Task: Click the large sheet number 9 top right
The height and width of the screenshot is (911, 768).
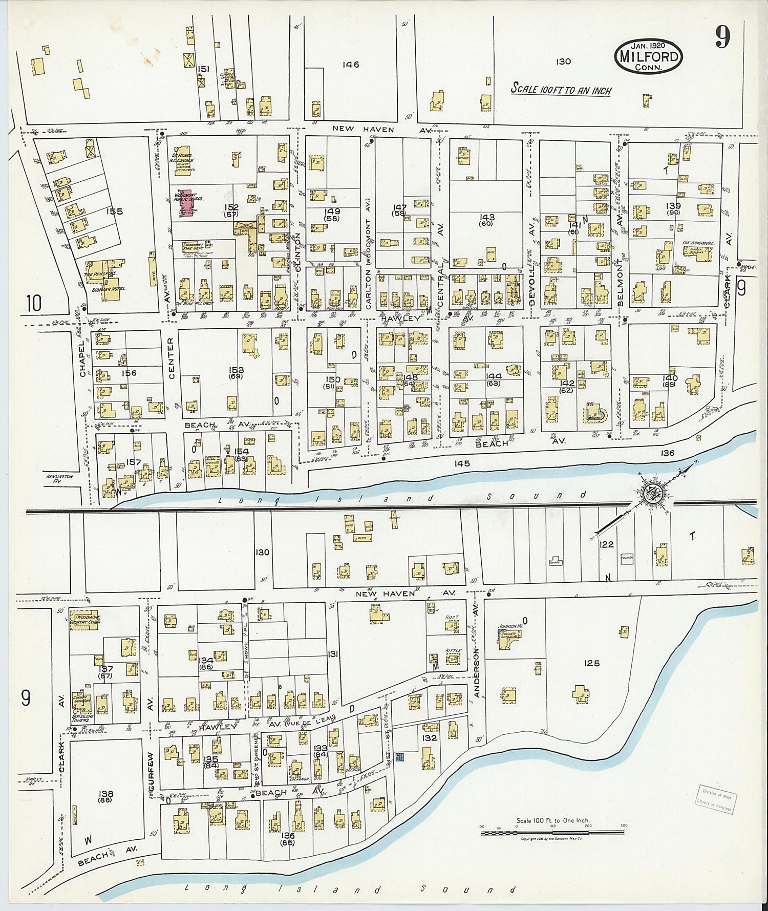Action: (x=722, y=37)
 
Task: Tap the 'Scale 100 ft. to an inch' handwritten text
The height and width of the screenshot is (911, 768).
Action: (x=561, y=90)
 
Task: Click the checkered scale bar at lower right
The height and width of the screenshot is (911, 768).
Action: (x=552, y=833)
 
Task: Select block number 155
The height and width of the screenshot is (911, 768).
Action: (x=114, y=211)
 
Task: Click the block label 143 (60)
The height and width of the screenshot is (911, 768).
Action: (x=486, y=220)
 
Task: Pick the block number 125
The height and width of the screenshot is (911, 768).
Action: (x=591, y=663)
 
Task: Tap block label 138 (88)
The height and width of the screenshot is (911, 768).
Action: (x=105, y=796)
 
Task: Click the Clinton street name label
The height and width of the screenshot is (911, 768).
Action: (x=297, y=250)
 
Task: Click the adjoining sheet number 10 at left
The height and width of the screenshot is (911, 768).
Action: (x=33, y=303)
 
